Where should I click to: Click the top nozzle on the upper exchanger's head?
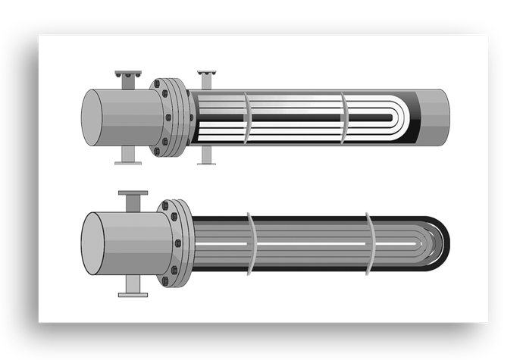[129, 77]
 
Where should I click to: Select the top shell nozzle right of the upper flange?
[205, 79]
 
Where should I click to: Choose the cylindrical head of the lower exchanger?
[117, 244]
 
